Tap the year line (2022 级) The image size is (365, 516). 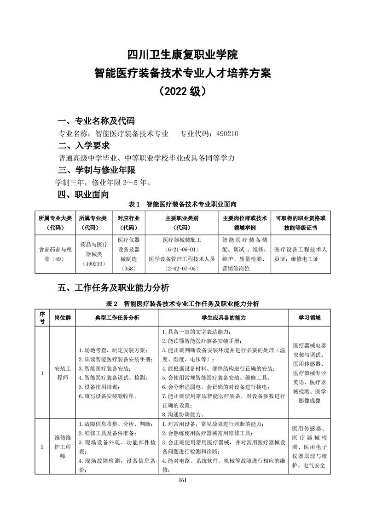182,91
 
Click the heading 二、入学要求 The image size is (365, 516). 84,146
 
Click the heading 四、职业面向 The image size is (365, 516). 83,195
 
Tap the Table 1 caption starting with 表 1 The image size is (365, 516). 182,204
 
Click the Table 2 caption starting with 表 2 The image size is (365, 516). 182,304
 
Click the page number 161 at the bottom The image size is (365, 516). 182,480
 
